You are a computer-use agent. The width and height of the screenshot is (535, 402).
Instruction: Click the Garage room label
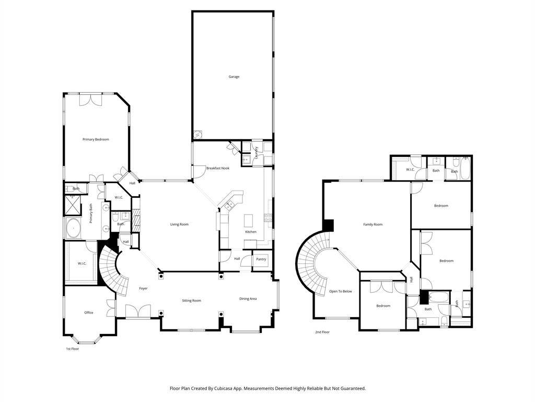234,77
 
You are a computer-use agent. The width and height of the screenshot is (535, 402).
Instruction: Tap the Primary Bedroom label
96,139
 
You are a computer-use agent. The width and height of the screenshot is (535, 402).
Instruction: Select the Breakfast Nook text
218,168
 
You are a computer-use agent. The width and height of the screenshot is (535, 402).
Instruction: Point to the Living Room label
179,225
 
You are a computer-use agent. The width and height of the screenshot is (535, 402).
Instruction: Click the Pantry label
261,260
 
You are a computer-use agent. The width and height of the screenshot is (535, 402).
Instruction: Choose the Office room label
89,313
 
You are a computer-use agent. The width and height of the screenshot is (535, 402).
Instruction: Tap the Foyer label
143,288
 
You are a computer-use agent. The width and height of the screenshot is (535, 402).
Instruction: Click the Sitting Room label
191,301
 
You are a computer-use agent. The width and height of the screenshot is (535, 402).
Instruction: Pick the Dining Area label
248,299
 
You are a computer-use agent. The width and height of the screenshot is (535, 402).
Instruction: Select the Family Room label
373,225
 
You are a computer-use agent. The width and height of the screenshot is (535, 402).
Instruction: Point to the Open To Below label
340,292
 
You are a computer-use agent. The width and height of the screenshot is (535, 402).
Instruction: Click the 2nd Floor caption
322,332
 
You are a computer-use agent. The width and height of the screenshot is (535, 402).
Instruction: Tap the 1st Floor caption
72,349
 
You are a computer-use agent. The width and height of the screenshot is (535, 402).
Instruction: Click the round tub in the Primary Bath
73,229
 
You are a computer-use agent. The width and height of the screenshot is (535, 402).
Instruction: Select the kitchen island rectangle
249,221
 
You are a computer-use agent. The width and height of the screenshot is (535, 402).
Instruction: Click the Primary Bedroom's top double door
91,99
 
